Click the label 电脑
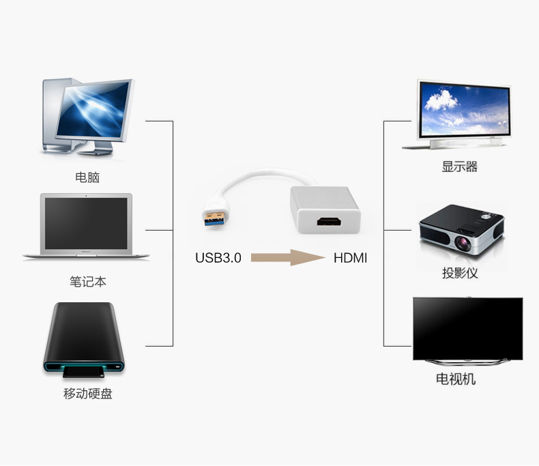click(x=87, y=177)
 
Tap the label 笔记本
click(x=87, y=281)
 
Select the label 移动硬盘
click(x=87, y=394)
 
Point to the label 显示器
click(x=459, y=166)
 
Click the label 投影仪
click(x=459, y=273)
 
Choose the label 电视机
click(x=456, y=379)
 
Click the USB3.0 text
click(x=218, y=258)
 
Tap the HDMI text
click(x=350, y=258)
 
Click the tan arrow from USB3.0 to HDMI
click(x=287, y=257)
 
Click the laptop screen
click(x=87, y=223)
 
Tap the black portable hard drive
click(x=85, y=338)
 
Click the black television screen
click(x=467, y=328)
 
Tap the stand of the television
click(x=467, y=362)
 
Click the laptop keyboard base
click(x=86, y=255)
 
